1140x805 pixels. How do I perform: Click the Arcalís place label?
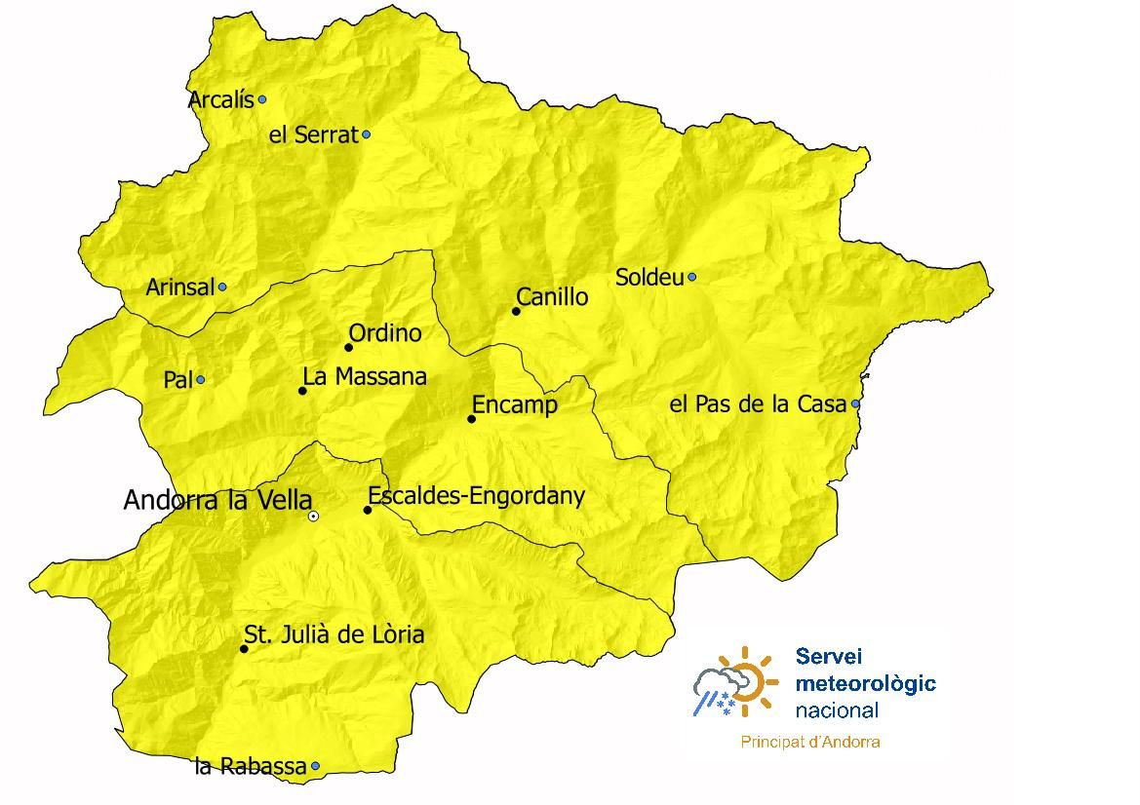point(220,100)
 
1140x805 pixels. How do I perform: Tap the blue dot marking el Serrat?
point(367,134)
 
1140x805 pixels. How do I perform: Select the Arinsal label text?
point(179,287)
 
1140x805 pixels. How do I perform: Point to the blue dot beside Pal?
point(201,380)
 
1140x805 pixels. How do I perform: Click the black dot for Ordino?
point(348,347)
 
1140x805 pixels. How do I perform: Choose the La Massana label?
point(365,376)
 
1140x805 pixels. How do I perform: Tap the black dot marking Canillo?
point(517,312)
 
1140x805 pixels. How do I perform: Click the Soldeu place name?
point(649,278)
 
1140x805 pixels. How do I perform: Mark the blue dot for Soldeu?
point(692,277)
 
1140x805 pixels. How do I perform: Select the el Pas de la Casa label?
point(758,404)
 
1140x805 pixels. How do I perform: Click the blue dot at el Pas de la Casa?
point(855,403)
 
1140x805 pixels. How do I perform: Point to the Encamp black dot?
point(471,419)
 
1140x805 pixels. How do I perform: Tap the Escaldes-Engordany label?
point(476,496)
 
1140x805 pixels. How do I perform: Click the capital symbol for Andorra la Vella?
point(313,517)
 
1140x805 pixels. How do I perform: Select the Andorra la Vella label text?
point(217,501)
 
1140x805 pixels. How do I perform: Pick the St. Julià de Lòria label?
point(334,635)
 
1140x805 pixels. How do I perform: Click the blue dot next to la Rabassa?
point(315,767)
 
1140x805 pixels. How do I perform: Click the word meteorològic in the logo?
point(865,683)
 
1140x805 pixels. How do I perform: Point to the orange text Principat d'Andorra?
point(810,742)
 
